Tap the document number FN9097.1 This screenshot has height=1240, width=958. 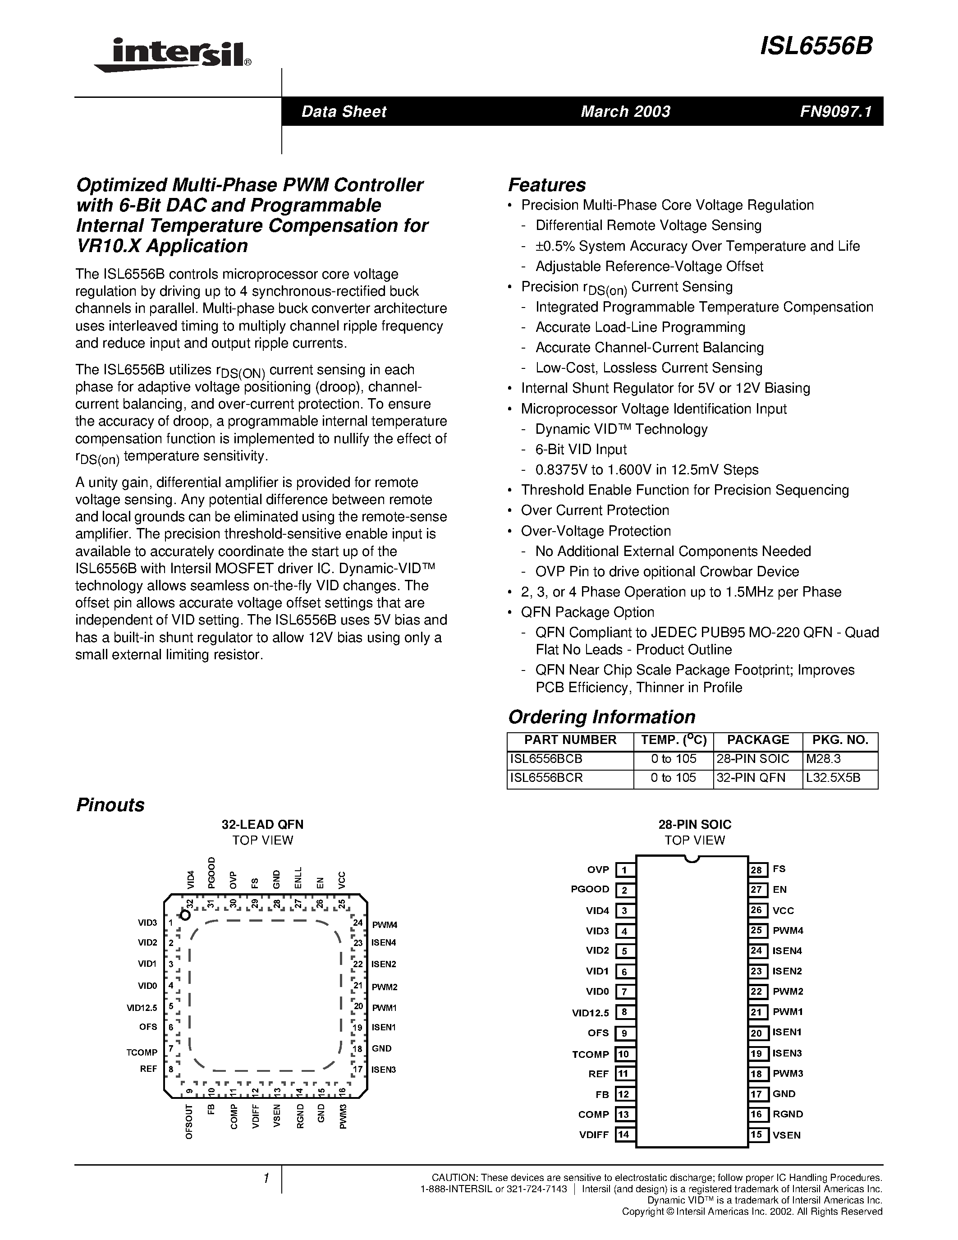point(835,111)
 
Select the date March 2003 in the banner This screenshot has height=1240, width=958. point(625,111)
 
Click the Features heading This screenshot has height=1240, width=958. point(546,185)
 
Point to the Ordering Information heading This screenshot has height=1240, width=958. point(601,717)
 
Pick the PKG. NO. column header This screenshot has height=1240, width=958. point(840,740)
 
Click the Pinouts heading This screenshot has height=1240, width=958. point(110,805)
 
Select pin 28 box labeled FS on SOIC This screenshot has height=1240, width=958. point(756,870)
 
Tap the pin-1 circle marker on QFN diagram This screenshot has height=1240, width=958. point(184,915)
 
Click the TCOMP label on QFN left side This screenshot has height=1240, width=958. point(141,1052)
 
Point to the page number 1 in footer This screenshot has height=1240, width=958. point(266,1179)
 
